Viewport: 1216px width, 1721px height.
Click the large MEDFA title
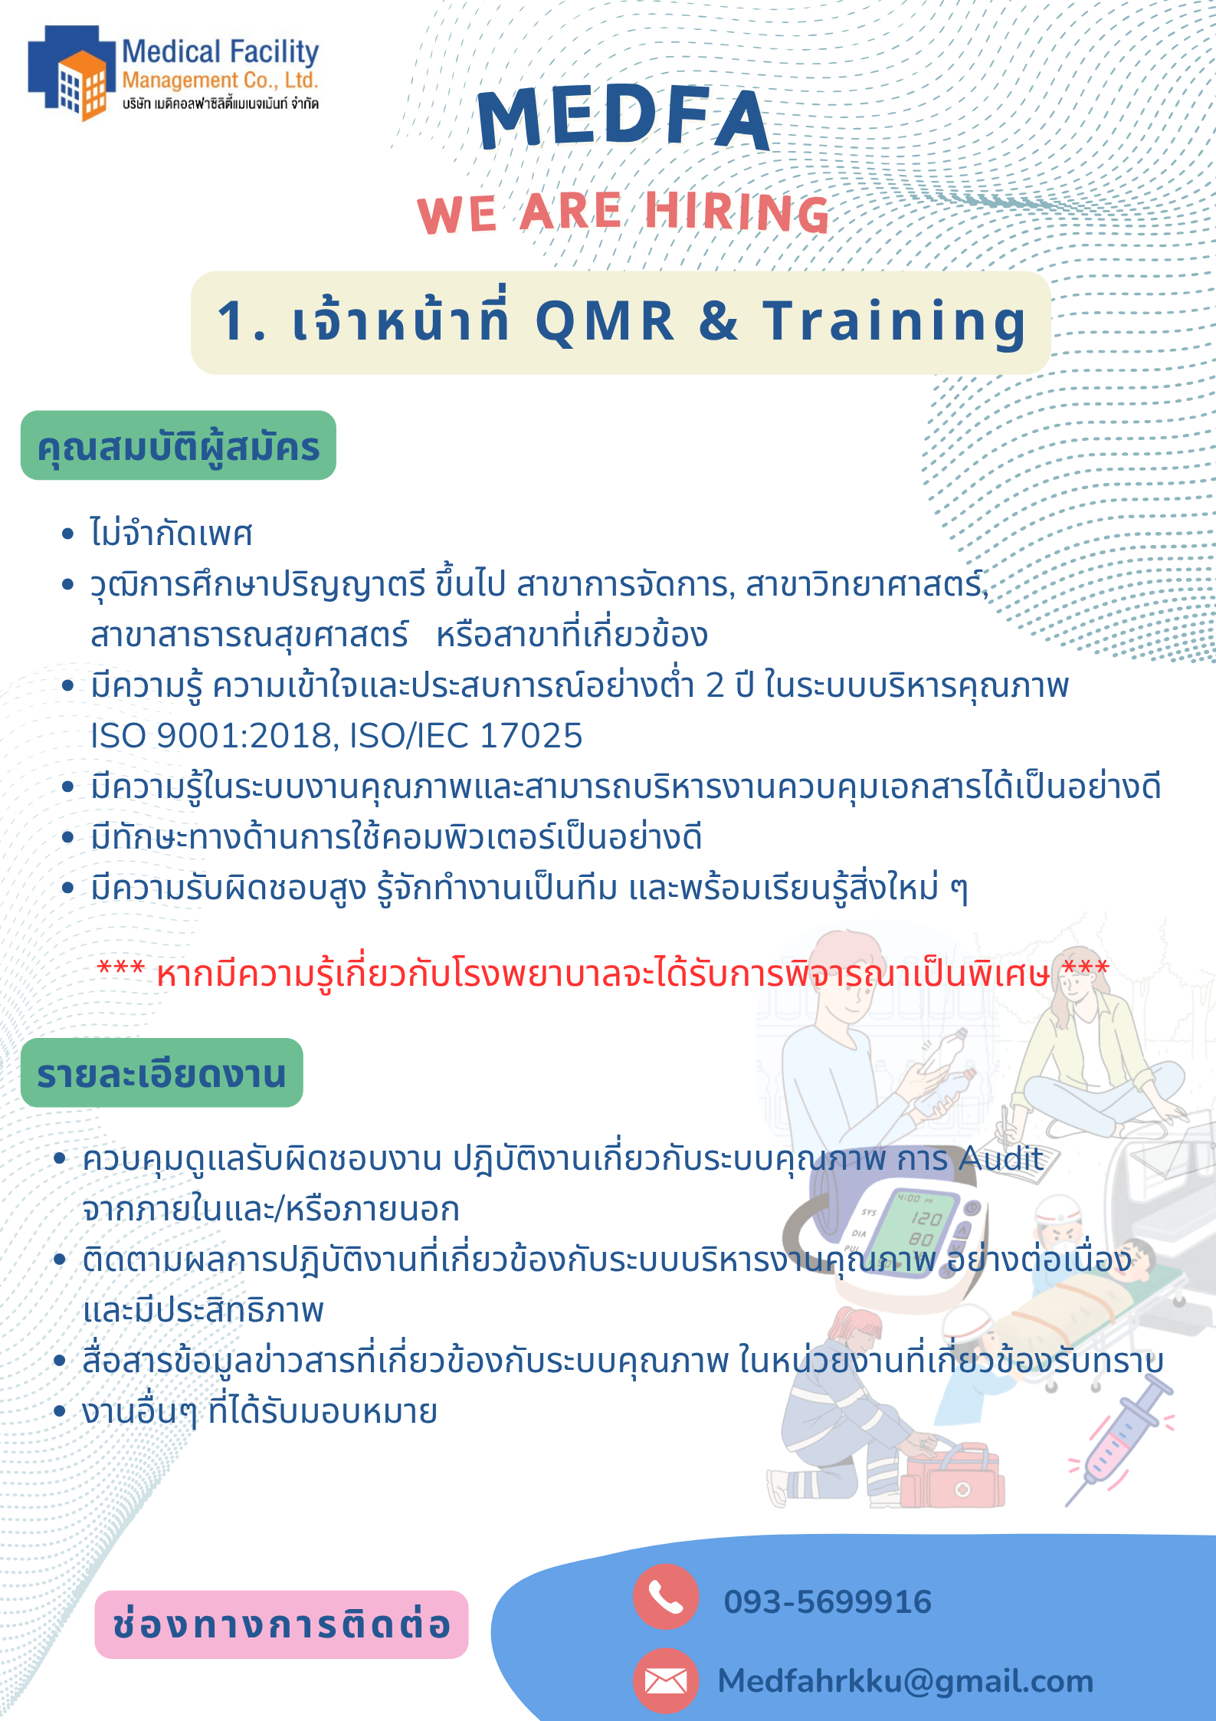tap(623, 119)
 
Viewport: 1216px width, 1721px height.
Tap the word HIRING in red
tap(737, 212)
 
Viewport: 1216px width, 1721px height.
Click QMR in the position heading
tap(605, 322)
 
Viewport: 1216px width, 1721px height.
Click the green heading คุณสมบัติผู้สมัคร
tap(178, 446)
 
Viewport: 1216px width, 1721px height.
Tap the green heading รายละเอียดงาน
tap(162, 1073)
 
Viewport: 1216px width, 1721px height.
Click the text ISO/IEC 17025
tap(466, 736)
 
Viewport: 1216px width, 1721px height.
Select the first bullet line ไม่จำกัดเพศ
tap(171, 534)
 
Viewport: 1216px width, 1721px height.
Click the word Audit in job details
tap(1001, 1158)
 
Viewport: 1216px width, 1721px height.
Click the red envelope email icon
tap(665, 1681)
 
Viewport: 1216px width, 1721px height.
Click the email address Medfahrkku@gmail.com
tap(905, 1681)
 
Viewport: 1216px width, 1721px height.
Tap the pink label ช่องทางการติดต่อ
tap(281, 1624)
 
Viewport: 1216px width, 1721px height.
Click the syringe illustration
tap(1120, 1440)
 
